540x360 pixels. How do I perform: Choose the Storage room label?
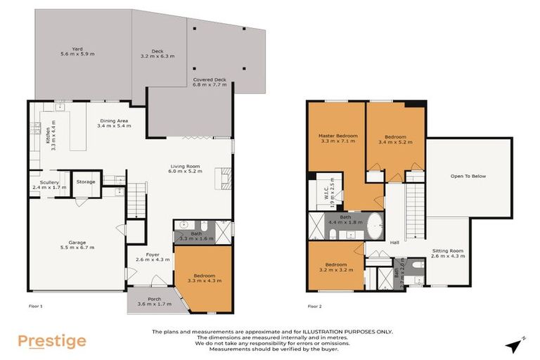pyautogui.click(x=86, y=182)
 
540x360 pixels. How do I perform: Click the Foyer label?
pyautogui.click(x=153, y=255)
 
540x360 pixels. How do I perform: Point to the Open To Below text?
pyautogui.click(x=468, y=176)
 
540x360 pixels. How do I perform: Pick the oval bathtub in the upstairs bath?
pyautogui.click(x=373, y=224)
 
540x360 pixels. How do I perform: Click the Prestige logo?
pyautogui.click(x=51, y=342)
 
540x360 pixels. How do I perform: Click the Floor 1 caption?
pyautogui.click(x=36, y=307)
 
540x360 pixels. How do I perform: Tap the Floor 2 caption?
pyautogui.click(x=316, y=307)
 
